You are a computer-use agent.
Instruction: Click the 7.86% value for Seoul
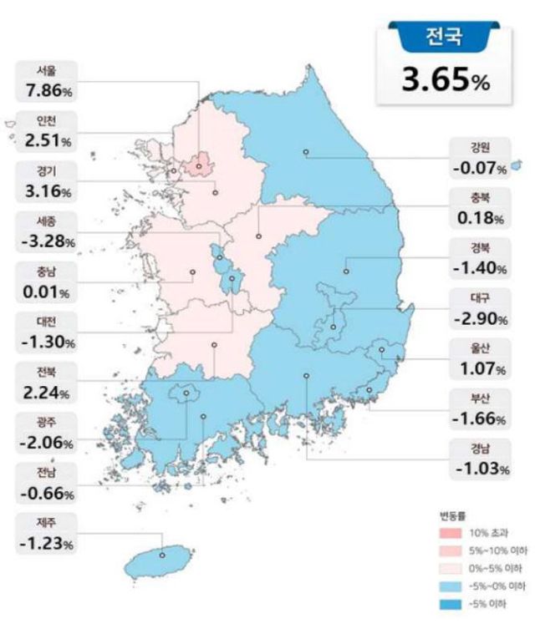point(47,89)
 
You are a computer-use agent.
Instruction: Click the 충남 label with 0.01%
point(47,282)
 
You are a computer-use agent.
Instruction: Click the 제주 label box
point(47,532)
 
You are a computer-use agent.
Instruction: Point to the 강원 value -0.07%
point(479,169)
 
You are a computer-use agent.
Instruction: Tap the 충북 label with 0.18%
point(479,211)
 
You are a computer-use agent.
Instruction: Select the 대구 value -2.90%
point(479,319)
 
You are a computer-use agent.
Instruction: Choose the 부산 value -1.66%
point(479,418)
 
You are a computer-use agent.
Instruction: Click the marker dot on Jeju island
point(162,553)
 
